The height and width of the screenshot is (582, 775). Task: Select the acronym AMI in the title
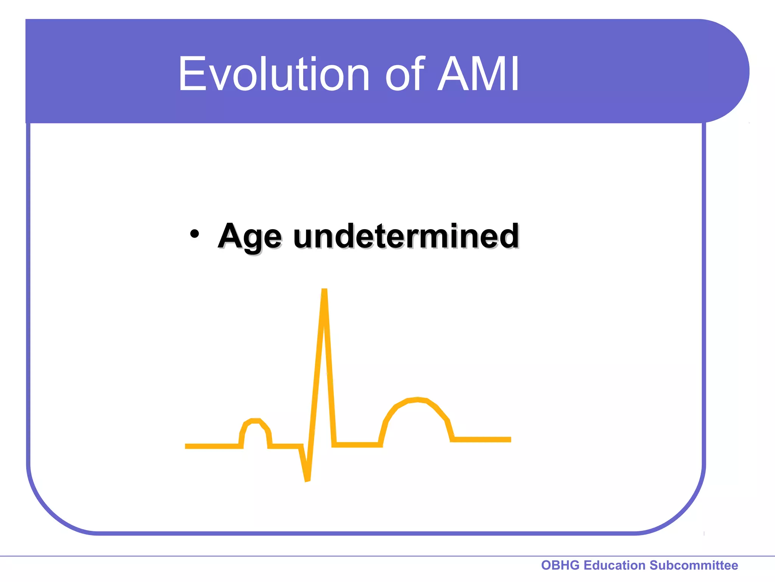(x=478, y=74)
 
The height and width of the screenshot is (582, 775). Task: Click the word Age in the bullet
(x=249, y=237)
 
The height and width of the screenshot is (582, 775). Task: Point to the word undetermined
(x=406, y=236)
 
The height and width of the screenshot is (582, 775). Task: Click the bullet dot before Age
(x=194, y=234)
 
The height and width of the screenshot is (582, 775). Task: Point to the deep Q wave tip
(x=307, y=480)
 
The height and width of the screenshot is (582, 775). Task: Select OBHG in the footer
(x=560, y=565)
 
